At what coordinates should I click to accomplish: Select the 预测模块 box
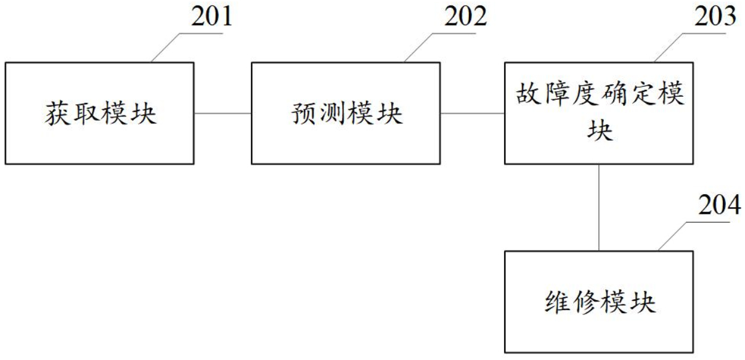click(x=346, y=113)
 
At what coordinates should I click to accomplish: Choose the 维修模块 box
click(x=599, y=301)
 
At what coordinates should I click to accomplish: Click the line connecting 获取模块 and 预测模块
click(x=222, y=113)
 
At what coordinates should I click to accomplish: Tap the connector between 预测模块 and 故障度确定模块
click(x=472, y=113)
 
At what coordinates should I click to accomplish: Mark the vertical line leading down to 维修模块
click(x=599, y=207)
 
